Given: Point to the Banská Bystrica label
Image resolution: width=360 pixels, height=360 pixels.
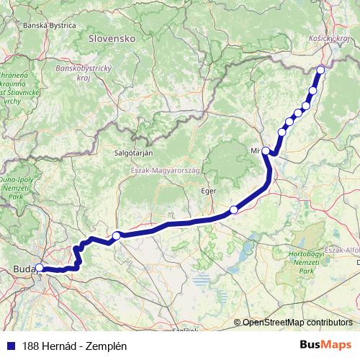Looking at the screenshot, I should (x=50, y=24).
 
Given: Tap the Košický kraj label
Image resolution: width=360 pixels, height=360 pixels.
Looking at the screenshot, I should (x=328, y=37).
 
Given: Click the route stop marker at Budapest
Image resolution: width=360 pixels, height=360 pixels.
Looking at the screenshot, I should (x=40, y=269).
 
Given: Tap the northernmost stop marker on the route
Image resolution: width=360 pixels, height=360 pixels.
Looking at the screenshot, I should (x=320, y=70).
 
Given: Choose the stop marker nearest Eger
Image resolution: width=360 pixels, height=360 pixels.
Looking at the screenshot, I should (x=233, y=210).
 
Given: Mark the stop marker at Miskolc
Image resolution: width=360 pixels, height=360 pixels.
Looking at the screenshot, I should (x=266, y=150).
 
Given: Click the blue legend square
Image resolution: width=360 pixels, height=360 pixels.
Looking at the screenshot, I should (x=9, y=345).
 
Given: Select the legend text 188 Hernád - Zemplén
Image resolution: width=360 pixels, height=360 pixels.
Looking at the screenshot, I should (x=71, y=345).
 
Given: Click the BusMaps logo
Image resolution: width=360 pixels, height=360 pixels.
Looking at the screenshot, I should (x=326, y=344).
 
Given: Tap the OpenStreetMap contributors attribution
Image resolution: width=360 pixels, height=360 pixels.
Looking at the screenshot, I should (x=297, y=323).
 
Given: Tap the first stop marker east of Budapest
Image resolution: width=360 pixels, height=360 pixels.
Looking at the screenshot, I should (x=116, y=235).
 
